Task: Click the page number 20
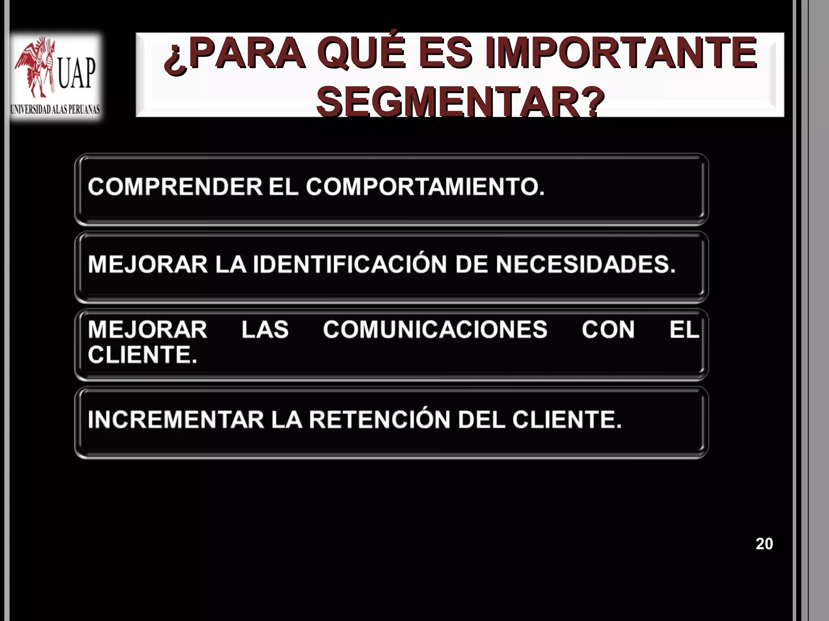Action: (x=764, y=544)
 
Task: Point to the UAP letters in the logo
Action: (x=77, y=73)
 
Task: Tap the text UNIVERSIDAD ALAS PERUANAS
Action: (x=55, y=110)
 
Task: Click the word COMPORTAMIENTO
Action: (x=425, y=187)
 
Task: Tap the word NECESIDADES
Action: (x=586, y=264)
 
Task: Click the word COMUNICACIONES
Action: (x=435, y=330)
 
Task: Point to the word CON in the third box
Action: (x=608, y=330)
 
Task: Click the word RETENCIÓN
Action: (x=379, y=419)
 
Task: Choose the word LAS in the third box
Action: (x=265, y=330)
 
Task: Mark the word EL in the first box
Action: (x=283, y=187)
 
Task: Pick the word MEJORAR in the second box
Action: (x=148, y=264)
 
